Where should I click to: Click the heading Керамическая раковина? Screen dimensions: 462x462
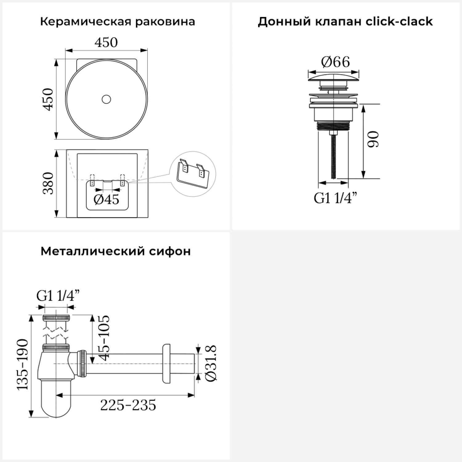click(x=117, y=22)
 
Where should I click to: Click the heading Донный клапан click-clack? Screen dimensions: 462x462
click(x=345, y=22)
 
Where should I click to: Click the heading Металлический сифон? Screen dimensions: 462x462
click(x=115, y=251)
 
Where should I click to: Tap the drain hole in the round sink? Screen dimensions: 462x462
click(x=106, y=99)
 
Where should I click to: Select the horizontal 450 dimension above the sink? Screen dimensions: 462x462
click(x=106, y=43)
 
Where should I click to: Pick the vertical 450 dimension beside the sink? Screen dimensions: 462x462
click(x=48, y=99)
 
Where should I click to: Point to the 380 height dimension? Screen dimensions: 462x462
click(x=48, y=183)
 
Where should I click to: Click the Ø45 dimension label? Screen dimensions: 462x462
click(x=106, y=200)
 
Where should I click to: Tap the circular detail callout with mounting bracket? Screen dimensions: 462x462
click(x=193, y=174)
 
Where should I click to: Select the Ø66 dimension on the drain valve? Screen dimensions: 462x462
click(x=335, y=62)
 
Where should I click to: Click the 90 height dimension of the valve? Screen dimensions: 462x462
click(x=373, y=139)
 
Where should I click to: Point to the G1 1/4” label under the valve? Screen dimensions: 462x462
click(x=336, y=198)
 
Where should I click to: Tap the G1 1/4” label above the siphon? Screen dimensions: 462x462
click(x=58, y=296)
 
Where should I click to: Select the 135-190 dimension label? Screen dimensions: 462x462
click(x=22, y=365)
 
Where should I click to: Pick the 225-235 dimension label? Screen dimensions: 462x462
click(x=128, y=405)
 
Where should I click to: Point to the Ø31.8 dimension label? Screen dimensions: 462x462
click(x=211, y=363)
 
